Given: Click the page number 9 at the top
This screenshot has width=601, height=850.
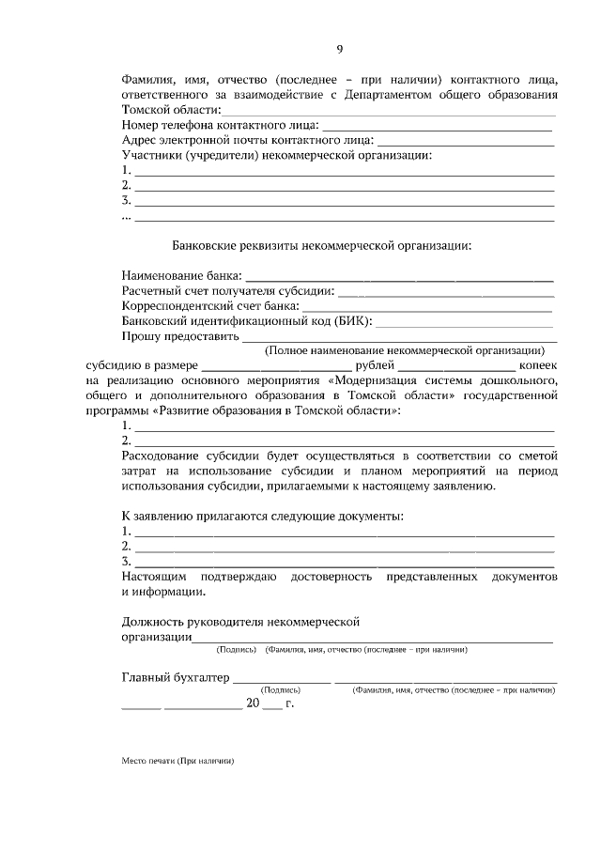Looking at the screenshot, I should pos(340,50).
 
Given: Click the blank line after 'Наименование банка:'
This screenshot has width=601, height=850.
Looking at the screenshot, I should pos(399,280).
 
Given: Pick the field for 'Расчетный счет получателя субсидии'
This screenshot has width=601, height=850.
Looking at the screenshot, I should pos(446,295).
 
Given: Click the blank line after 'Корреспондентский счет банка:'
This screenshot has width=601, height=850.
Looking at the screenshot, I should pos(427,309).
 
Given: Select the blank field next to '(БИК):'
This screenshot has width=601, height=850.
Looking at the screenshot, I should pos(465,323).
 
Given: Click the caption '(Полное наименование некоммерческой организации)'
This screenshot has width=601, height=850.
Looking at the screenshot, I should pos(405,350).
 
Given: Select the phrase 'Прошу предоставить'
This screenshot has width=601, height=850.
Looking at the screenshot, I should pos(180,336).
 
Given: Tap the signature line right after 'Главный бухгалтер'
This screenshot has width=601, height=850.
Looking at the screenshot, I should pos(282,681).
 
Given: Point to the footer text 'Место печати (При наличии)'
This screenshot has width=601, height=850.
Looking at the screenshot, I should pos(177,761).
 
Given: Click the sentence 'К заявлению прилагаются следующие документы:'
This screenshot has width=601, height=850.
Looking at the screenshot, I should pos(264,517).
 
